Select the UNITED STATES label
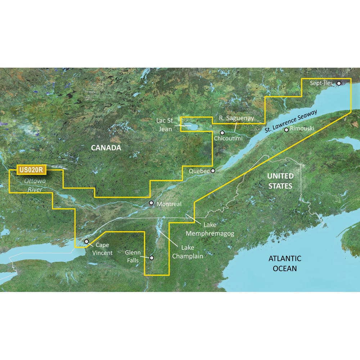click(280, 181)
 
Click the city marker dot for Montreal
click(152, 203)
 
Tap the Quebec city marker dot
click(213, 171)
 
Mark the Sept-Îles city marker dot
click(339, 83)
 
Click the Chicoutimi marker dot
click(222, 132)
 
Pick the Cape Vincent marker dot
click(86, 242)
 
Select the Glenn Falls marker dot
click(152, 258)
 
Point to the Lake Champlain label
click(187, 252)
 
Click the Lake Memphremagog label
click(210, 229)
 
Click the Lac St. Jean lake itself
click(190, 127)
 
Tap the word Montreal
click(169, 204)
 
